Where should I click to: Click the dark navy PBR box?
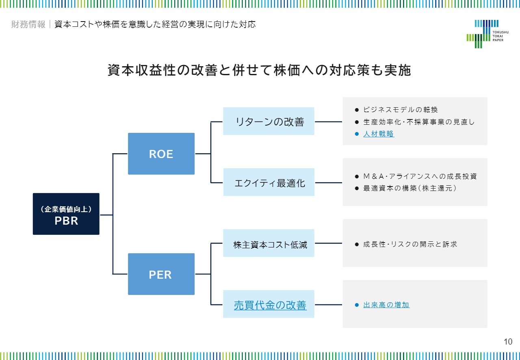[66, 214]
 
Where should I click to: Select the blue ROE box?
[161, 154]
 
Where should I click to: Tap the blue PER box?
[161, 274]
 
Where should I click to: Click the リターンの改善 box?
[269, 121]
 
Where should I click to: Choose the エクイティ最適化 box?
[269, 182]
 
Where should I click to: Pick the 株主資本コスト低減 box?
[269, 243]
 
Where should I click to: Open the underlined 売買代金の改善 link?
[270, 305]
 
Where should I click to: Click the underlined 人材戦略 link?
[379, 134]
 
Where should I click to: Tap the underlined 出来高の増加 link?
[386, 305]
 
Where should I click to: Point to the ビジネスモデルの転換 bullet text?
[401, 110]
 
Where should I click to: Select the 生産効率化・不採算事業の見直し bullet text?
[419, 122]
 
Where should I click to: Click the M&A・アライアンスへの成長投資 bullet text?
[420, 176]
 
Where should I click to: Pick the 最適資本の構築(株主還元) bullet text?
[410, 188]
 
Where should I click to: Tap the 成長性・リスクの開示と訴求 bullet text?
[410, 244]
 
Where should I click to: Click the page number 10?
[508, 342]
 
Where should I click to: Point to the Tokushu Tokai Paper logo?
[487, 34]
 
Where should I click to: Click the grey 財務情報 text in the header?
[28, 24]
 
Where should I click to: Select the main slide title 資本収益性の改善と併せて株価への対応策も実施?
[259, 70]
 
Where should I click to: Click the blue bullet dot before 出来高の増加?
[357, 305]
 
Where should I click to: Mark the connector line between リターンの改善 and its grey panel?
[329, 121]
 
